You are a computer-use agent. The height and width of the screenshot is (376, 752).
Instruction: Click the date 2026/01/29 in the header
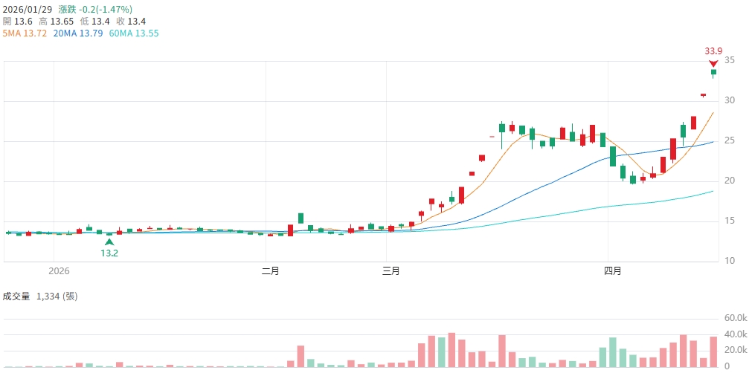coord(28,10)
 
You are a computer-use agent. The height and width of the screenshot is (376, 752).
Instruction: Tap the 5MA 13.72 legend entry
coord(25,33)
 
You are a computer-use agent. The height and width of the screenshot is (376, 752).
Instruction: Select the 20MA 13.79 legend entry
coord(78,33)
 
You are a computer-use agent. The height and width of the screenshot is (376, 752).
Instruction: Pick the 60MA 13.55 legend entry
coord(134,33)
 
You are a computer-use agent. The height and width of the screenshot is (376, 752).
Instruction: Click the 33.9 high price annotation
coord(713,51)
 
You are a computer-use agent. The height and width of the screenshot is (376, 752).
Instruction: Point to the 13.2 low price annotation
coord(109,253)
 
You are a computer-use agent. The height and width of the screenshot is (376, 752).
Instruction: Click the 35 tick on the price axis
coord(730,61)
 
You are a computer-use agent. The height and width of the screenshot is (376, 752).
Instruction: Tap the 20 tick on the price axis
coord(730,181)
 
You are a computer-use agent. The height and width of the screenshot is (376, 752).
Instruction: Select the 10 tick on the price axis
coord(730,261)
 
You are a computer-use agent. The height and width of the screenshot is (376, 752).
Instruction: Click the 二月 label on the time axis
coord(271,271)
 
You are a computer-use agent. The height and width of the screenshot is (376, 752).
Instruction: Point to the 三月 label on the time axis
coord(391,271)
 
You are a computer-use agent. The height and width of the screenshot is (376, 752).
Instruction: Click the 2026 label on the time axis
coord(58,271)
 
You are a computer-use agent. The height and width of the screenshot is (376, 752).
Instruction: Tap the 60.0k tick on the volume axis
coord(736,318)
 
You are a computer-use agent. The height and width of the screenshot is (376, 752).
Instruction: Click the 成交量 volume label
coord(16,296)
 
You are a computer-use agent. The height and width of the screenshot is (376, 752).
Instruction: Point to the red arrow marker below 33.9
coord(713,62)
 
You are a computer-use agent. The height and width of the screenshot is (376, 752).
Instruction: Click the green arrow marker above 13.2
coord(109,242)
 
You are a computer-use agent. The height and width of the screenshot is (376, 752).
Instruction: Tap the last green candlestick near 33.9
coord(713,72)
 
